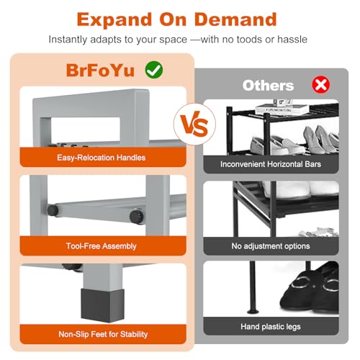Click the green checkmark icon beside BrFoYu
click(x=154, y=70)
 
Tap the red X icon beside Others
click(x=321, y=85)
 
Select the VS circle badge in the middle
click(x=194, y=124)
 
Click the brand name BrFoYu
click(x=100, y=71)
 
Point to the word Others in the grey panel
click(x=268, y=86)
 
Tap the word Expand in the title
click(x=114, y=20)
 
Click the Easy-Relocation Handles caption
click(x=101, y=158)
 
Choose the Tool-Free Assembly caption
click(x=101, y=246)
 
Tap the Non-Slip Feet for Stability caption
click(x=103, y=334)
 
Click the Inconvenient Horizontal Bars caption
click(x=271, y=164)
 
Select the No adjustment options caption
click(x=271, y=246)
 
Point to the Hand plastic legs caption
click(x=271, y=327)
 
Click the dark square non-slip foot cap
click(x=103, y=305)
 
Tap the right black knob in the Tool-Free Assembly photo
click(x=137, y=217)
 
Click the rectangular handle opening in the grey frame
click(x=86, y=129)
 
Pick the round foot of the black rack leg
click(x=253, y=311)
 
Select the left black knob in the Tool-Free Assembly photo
click(x=53, y=210)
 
